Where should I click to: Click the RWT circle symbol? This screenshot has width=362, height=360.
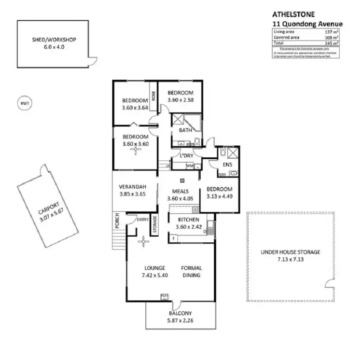tap(22, 104)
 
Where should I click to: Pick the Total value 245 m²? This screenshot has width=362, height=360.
tap(332, 43)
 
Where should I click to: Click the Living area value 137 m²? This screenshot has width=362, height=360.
tap(332, 31)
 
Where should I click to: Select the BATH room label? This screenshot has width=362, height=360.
tap(185, 130)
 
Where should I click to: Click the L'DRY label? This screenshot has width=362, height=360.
tap(186, 155)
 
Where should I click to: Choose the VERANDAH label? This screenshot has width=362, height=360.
tap(132, 187)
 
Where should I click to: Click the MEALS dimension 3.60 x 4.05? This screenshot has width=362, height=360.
tap(180, 198)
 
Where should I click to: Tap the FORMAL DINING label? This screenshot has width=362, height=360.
tap(191, 272)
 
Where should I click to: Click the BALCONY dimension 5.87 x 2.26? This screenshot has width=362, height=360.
tap(180, 319)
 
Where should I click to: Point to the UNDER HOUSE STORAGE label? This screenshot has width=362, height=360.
tap(290, 252)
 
